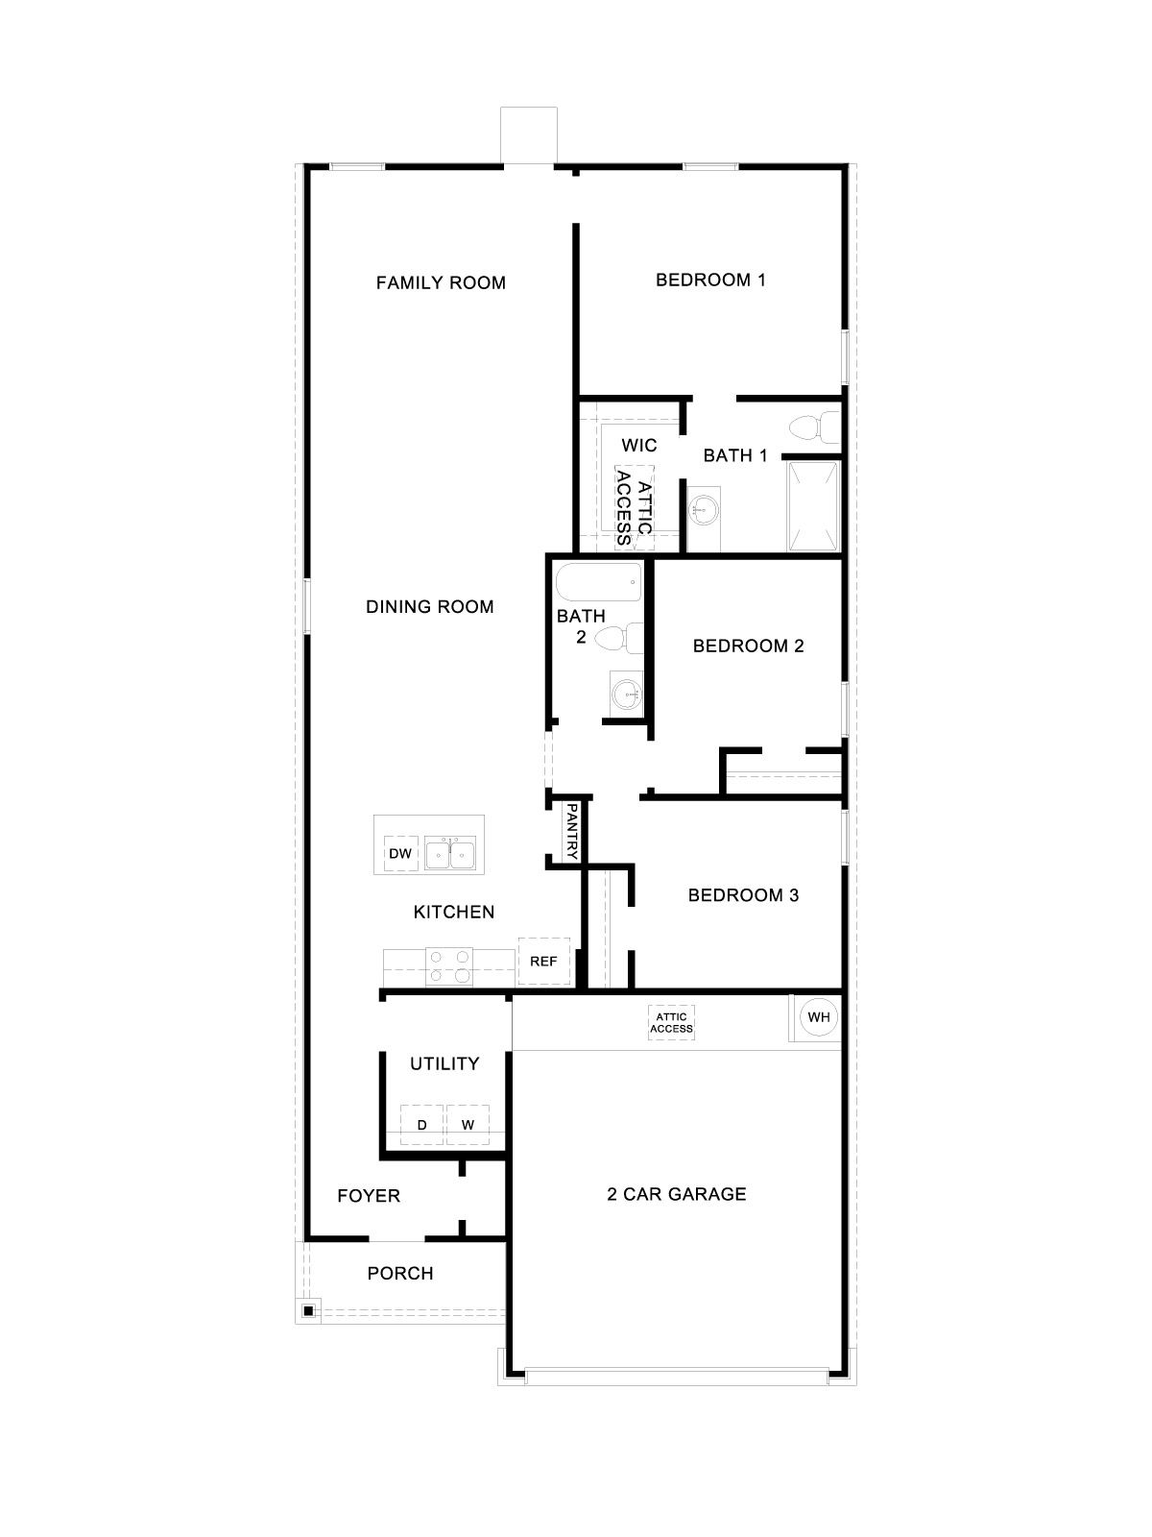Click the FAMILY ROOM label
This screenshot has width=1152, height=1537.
pyautogui.click(x=441, y=282)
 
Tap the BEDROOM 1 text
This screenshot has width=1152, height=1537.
pyautogui.click(x=710, y=281)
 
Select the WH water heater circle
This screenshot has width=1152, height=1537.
pyautogui.click(x=818, y=1017)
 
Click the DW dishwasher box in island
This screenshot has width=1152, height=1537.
pyautogui.click(x=400, y=854)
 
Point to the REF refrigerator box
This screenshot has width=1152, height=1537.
pyautogui.click(x=543, y=962)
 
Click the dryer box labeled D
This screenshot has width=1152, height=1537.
pyautogui.click(x=421, y=1125)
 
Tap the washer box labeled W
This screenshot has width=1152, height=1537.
pyautogui.click(x=468, y=1125)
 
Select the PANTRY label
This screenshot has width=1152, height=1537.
pyautogui.click(x=571, y=832)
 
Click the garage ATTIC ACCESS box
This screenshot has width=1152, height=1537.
pyautogui.click(x=671, y=1022)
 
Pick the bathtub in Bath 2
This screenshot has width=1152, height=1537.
pyautogui.click(x=598, y=581)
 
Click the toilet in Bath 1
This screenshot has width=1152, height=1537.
pyautogui.click(x=811, y=426)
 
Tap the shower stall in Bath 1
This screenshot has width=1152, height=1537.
pyautogui.click(x=813, y=506)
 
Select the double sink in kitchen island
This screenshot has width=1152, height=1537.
pyautogui.click(x=450, y=853)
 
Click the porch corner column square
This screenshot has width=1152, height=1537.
pyautogui.click(x=308, y=1311)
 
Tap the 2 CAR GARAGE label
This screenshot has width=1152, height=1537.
pyautogui.click(x=677, y=1194)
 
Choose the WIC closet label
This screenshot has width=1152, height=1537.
pyautogui.click(x=639, y=446)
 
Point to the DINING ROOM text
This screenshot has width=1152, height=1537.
pyautogui.click(x=430, y=606)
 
